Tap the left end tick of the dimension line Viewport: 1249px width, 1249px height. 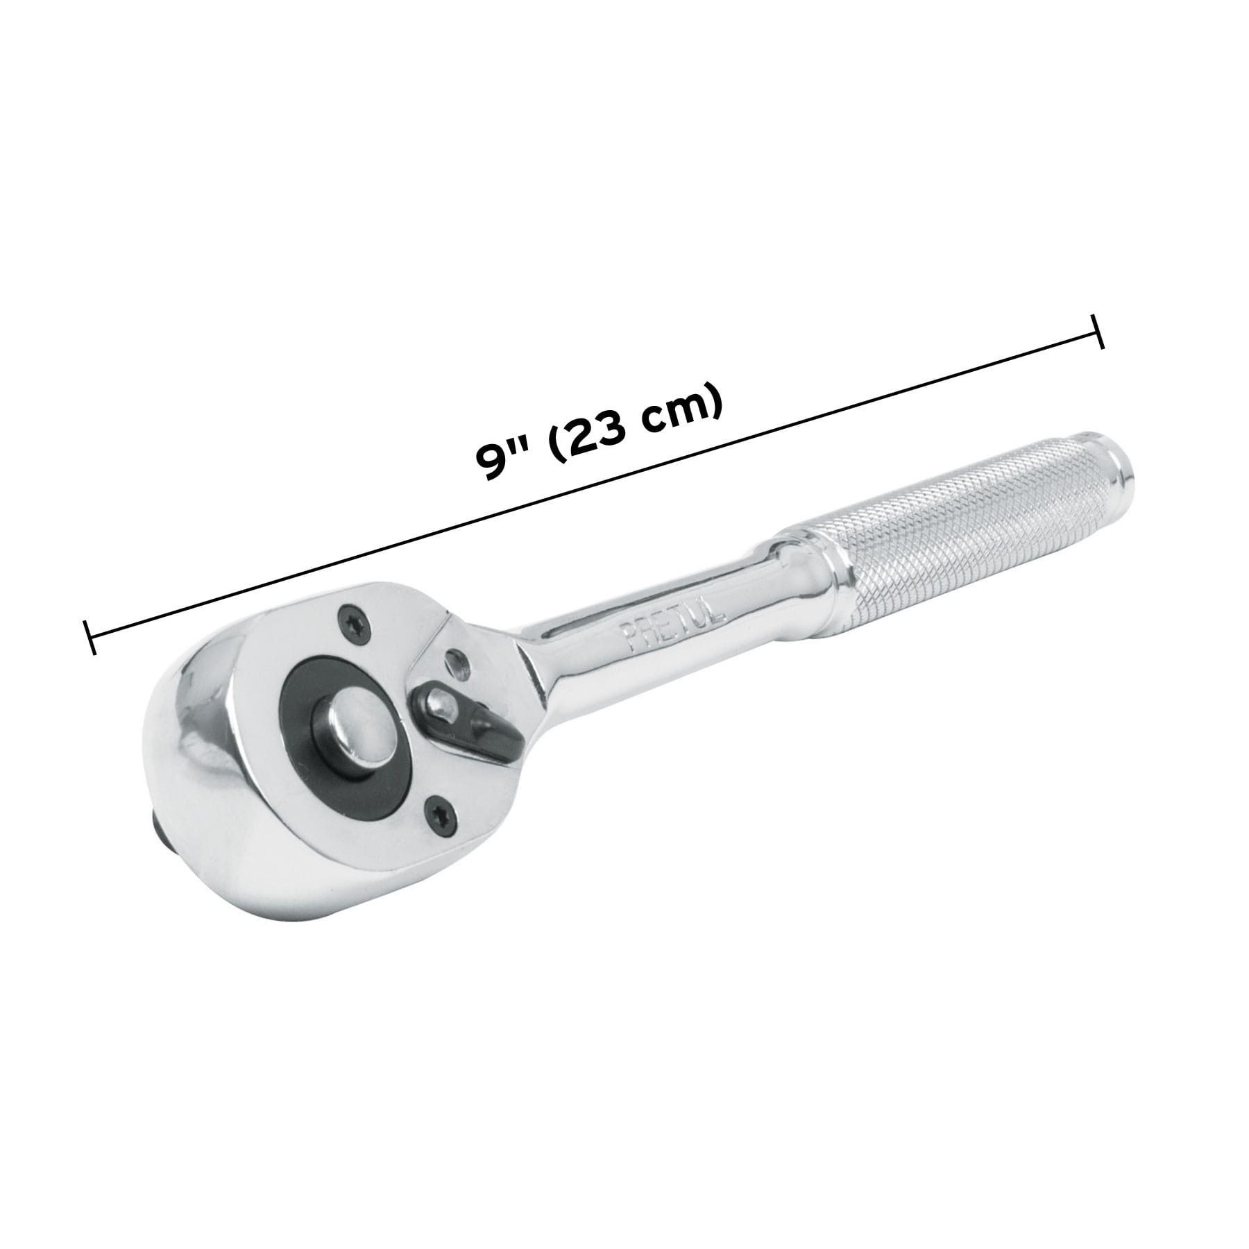click(88, 636)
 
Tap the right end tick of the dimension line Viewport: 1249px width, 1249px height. click(1098, 332)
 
